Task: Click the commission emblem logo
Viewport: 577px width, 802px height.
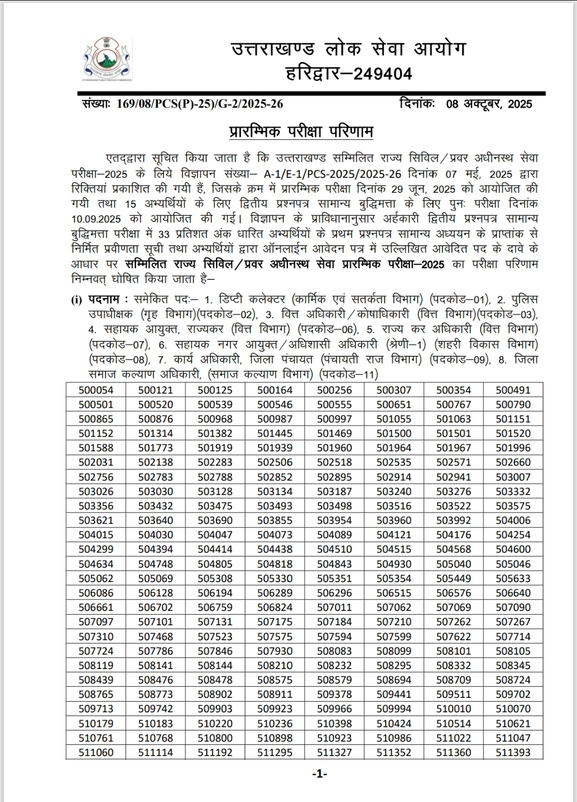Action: point(107,58)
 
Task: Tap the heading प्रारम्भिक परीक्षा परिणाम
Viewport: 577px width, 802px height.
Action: point(301,131)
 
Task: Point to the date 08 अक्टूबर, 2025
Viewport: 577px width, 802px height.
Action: point(489,104)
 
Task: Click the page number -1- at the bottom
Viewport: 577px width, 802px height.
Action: point(319,774)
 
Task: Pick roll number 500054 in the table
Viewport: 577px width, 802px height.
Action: point(96,390)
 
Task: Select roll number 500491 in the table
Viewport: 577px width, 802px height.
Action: point(513,390)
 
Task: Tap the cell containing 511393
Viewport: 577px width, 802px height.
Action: point(513,752)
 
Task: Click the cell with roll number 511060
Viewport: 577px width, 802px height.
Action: point(96,752)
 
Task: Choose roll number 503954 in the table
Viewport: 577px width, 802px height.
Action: point(334,520)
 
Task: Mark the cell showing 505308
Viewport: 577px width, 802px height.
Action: point(215,578)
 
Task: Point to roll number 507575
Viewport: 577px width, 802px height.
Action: point(275,636)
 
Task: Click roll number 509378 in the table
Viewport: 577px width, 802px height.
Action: point(334,694)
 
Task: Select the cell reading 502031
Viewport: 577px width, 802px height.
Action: point(96,462)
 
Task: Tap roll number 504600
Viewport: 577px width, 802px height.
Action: point(513,549)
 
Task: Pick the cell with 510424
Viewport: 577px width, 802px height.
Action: point(394,724)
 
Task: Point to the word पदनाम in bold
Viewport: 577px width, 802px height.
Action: point(104,300)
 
